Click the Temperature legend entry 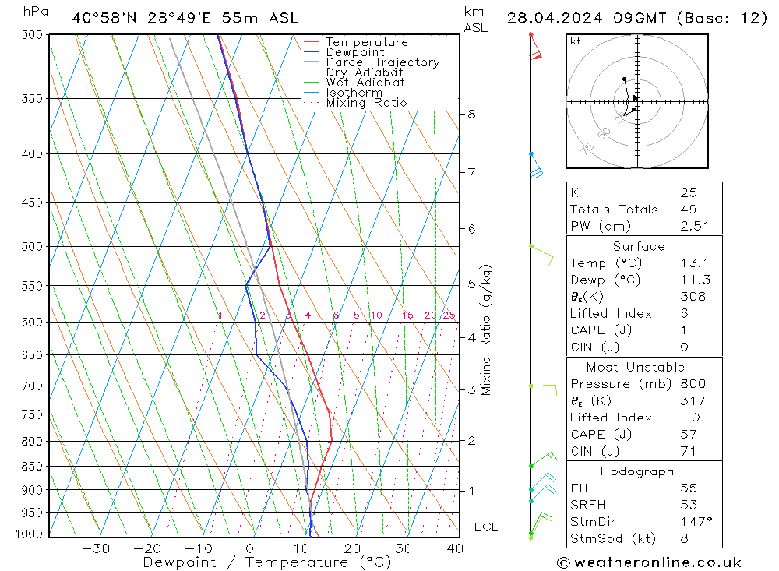pos(366,42)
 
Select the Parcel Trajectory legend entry pos(382,62)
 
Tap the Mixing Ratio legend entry pos(366,103)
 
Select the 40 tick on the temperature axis pos(455,548)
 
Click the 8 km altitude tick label pos(471,114)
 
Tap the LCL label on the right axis pos(485,527)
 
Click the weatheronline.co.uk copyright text pos(649,562)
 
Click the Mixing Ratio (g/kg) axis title pos(486,330)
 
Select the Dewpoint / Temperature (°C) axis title pos(266,562)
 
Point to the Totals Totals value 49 pos(688,209)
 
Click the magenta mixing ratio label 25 pos(449,315)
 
